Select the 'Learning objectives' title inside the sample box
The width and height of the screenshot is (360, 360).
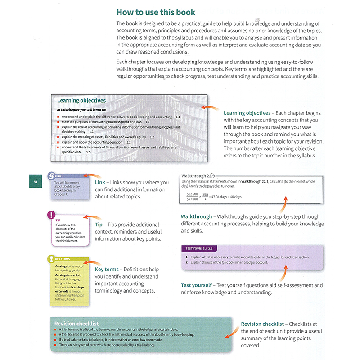[81, 100]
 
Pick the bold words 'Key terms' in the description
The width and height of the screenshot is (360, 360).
[107, 270]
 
